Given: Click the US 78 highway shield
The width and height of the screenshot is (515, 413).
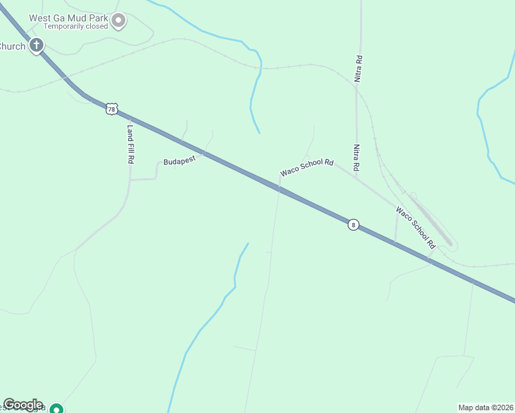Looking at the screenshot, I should [112, 109].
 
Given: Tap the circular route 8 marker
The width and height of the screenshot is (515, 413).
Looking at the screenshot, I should [353, 224].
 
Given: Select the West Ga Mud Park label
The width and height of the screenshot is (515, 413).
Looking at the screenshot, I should [76, 17].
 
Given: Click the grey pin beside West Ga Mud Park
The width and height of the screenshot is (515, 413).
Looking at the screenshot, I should [118, 21].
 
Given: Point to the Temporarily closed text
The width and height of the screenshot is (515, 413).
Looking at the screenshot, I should [76, 27].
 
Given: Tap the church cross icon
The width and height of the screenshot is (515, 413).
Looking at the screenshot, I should [37, 46].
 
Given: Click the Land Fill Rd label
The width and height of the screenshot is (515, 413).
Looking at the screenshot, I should [130, 143].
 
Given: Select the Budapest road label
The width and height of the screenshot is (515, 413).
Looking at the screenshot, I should [180, 160].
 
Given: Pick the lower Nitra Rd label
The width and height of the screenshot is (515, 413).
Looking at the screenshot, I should [356, 157].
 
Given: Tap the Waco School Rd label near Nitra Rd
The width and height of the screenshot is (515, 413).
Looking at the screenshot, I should [306, 168].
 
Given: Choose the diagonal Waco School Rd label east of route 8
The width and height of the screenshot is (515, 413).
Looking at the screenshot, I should [416, 227].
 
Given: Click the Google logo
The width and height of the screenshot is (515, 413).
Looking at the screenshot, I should [23, 405].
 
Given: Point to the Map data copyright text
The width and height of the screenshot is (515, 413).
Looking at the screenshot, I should [485, 407].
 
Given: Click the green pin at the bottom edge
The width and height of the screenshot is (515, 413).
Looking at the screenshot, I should [58, 408].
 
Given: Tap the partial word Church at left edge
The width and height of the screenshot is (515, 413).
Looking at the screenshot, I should [12, 47].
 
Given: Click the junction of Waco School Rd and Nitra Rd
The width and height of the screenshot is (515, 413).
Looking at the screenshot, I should [356, 177].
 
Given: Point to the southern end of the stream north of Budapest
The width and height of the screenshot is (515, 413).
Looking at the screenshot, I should [259, 133].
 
